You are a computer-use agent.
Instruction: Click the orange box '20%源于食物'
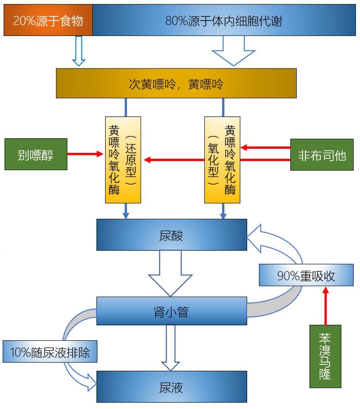(x=48, y=20)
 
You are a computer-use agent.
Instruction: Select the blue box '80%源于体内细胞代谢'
(x=224, y=20)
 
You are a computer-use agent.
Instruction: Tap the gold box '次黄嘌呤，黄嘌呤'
(x=176, y=83)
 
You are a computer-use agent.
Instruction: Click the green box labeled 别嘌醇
(x=36, y=154)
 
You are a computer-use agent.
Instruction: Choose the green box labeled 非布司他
(x=322, y=155)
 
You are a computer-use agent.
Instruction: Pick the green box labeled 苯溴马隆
(x=325, y=356)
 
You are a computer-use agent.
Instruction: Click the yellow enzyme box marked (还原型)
(x=123, y=160)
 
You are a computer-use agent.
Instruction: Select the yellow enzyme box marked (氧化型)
(x=222, y=160)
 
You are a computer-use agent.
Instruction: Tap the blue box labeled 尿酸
(x=172, y=235)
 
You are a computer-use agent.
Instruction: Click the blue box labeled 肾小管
(x=172, y=311)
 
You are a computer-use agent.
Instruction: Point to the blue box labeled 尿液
(x=172, y=386)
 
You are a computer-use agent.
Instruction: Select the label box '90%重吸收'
(x=306, y=275)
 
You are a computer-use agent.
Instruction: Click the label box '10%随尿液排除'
(x=50, y=351)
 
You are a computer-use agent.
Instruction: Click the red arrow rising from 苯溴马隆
(x=325, y=306)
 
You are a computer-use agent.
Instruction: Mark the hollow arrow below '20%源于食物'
(x=79, y=51)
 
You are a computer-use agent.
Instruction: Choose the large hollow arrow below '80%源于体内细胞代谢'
(x=233, y=51)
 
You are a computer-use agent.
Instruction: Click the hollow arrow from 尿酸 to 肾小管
(x=170, y=273)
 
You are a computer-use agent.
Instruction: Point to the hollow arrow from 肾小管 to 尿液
(x=171, y=348)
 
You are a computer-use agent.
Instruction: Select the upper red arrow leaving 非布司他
(x=265, y=148)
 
